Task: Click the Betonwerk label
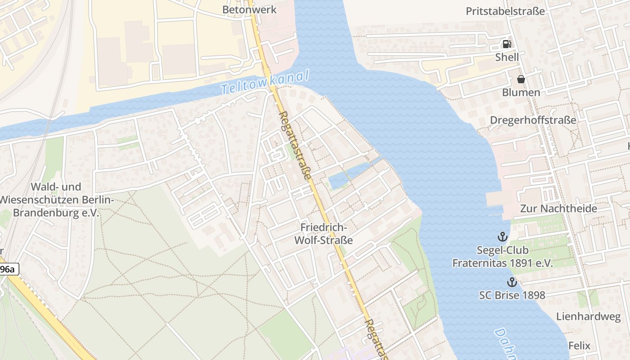[x=249, y=9]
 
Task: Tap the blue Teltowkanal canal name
[x=265, y=82]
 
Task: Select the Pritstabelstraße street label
[x=505, y=11]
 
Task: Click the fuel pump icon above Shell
[x=507, y=44]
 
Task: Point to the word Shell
[x=507, y=57]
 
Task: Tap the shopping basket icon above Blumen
[x=521, y=79]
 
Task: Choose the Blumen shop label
[x=522, y=92]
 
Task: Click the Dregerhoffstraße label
[x=533, y=120]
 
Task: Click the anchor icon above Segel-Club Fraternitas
[x=502, y=236]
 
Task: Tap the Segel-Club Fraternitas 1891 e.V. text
[x=502, y=256]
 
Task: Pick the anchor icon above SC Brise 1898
[x=512, y=282]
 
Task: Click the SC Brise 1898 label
[x=512, y=295]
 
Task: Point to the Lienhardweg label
[x=588, y=316]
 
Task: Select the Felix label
[x=579, y=346]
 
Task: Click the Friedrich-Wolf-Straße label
[x=323, y=234]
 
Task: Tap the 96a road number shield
[x=8, y=270]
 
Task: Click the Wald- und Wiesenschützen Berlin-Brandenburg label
[x=56, y=199]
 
